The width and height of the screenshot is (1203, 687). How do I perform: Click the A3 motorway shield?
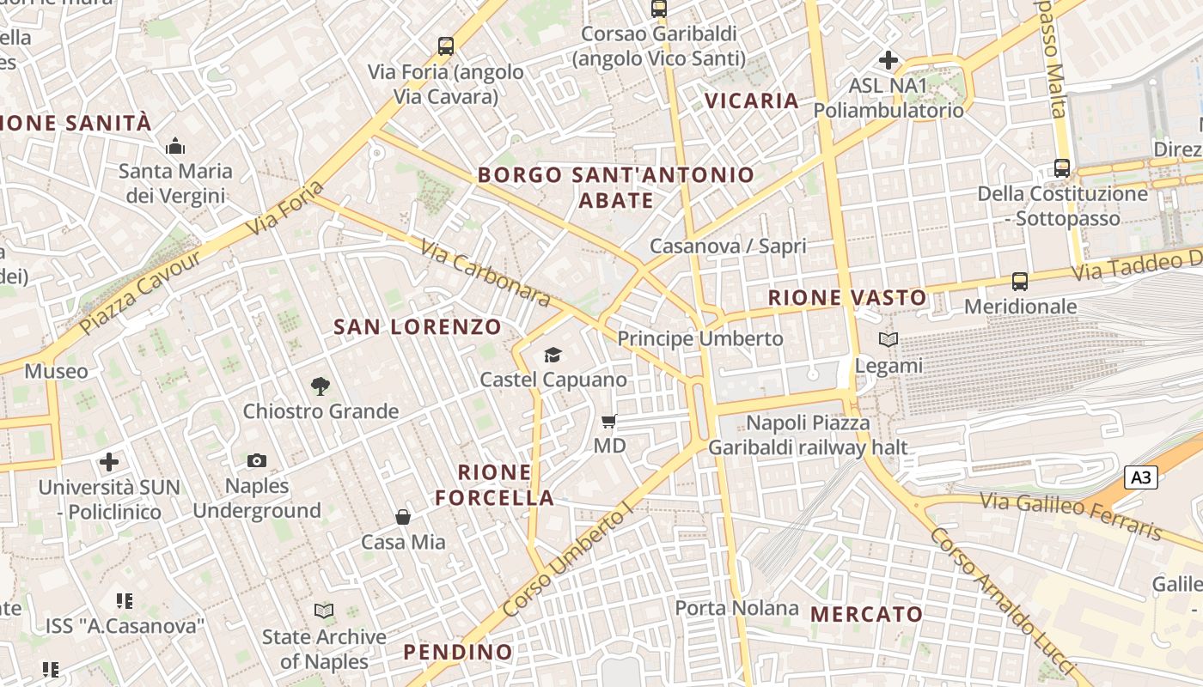click(x=1141, y=477)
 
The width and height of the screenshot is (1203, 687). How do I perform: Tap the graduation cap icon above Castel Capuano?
click(x=553, y=355)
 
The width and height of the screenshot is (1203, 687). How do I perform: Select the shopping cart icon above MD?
click(x=609, y=421)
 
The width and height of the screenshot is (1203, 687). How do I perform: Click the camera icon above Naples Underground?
click(x=256, y=461)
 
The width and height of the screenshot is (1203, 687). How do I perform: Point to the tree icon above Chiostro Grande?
click(x=321, y=386)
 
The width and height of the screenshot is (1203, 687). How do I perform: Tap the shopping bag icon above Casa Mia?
click(x=402, y=517)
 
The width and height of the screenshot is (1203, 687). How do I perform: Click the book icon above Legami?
click(x=889, y=340)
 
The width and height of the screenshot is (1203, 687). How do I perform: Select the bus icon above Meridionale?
click(x=1020, y=281)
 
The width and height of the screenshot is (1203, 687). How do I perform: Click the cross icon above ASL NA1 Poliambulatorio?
click(x=889, y=60)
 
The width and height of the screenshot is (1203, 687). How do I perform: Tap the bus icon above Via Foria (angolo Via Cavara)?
click(x=445, y=46)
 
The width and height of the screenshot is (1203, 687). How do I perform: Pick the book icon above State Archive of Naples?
click(x=323, y=611)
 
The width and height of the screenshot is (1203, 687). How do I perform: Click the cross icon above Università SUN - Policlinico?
click(x=109, y=462)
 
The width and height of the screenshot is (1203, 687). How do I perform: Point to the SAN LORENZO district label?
click(x=418, y=327)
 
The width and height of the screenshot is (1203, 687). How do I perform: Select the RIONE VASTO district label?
click(x=847, y=298)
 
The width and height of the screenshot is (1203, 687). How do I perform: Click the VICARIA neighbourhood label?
click(x=752, y=100)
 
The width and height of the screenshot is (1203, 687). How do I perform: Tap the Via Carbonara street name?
click(x=485, y=273)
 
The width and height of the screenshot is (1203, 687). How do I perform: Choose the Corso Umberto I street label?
click(x=568, y=562)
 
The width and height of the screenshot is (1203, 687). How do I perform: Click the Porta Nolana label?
click(x=736, y=608)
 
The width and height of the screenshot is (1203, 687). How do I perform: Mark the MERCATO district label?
click(x=866, y=614)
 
